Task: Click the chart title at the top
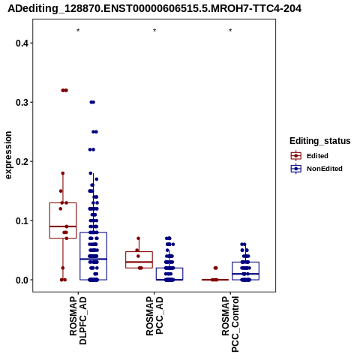pyautogui.click(x=154, y=8)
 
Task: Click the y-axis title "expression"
pyautogui.click(x=8, y=155)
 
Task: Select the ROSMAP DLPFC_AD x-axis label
pyautogui.click(x=78, y=320)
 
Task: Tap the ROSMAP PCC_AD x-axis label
pyautogui.click(x=154, y=316)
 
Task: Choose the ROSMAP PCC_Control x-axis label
pyautogui.click(x=230, y=324)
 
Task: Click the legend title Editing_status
pyautogui.click(x=320, y=141)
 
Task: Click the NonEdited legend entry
pyautogui.click(x=316, y=169)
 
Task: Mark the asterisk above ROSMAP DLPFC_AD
pyautogui.click(x=78, y=31)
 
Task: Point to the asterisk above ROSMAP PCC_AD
pyautogui.click(x=154, y=31)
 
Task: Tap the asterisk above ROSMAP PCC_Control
pyautogui.click(x=230, y=31)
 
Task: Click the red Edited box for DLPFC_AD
pyautogui.click(x=49, y=220)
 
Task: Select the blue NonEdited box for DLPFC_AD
pyautogui.click(x=80, y=255)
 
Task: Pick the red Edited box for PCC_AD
pyautogui.click(x=126, y=260)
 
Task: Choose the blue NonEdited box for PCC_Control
pyautogui.click(x=232, y=270)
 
